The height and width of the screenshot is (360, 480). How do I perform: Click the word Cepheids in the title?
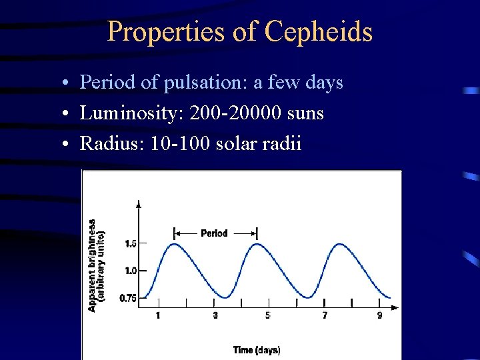[318, 31]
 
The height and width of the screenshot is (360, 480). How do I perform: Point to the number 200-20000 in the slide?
[236, 113]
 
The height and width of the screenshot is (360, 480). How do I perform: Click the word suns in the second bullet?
[306, 113]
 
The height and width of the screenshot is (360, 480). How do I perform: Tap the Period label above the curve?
[214, 233]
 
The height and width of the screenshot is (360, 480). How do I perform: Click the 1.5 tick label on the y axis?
[131, 244]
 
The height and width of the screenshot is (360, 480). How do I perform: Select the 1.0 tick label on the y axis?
[131, 271]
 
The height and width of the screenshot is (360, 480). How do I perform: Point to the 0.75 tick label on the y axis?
[129, 298]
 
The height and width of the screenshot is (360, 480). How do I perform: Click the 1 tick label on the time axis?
[158, 315]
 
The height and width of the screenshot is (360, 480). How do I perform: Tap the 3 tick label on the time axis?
[215, 315]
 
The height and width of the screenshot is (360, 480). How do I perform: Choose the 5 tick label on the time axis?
[267, 315]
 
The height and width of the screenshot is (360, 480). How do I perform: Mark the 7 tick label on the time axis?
[325, 315]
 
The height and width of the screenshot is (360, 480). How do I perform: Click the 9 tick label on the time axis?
[380, 315]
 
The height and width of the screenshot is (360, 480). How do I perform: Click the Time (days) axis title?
[257, 350]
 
